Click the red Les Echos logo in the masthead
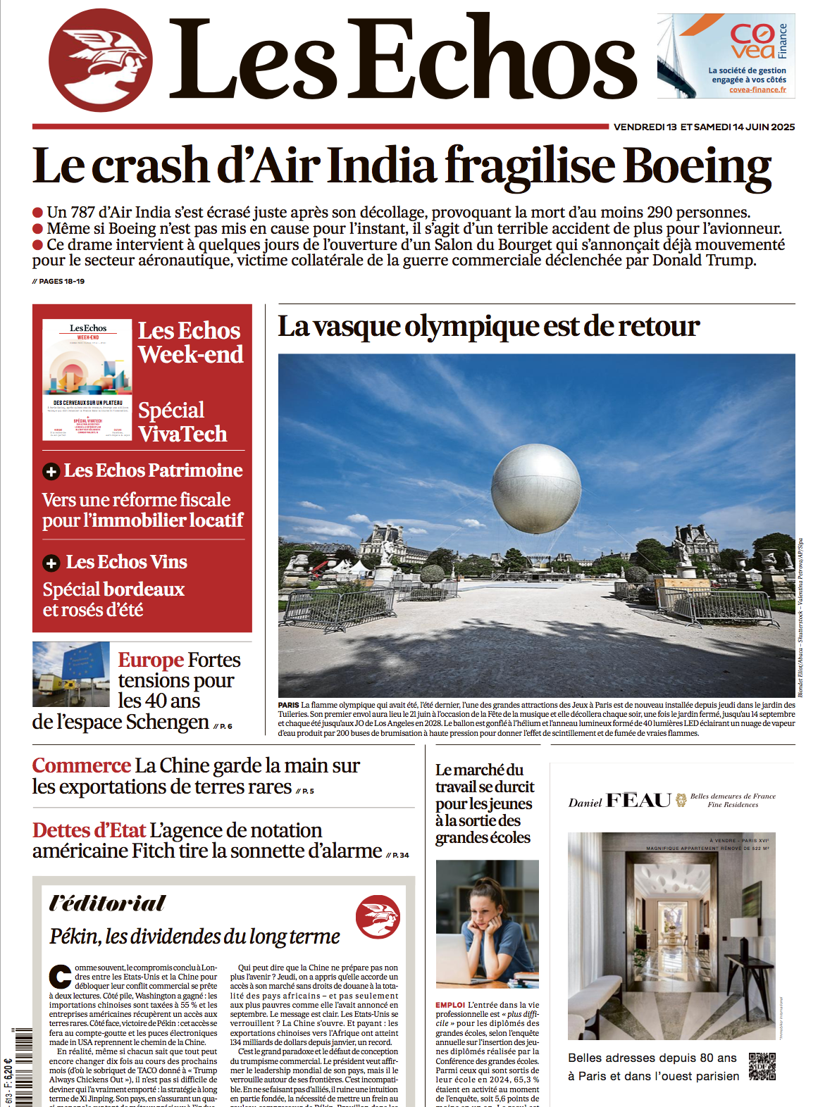click(100, 61)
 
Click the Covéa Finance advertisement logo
click(752, 41)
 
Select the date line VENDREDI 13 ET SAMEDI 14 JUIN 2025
click(704, 127)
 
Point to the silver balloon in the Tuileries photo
click(535, 489)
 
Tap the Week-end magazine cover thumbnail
click(87, 380)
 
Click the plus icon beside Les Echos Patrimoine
click(51, 471)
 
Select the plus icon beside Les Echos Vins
click(51, 563)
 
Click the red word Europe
click(151, 660)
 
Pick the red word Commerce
click(82, 765)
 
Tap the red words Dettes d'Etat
click(89, 830)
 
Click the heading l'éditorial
click(107, 903)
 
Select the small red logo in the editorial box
click(378, 917)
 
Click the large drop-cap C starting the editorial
click(60, 977)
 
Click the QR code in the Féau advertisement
click(762, 1066)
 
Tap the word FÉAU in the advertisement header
click(638, 801)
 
